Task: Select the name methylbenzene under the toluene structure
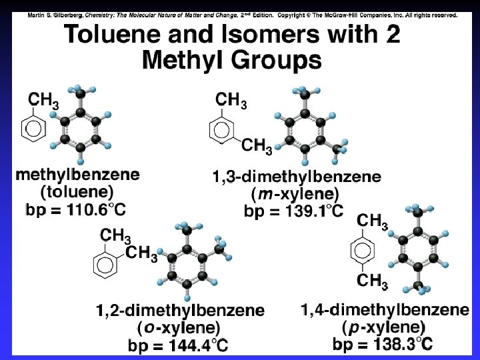point(78,175)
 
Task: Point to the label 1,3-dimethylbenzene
point(297,177)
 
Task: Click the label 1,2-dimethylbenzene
point(180,311)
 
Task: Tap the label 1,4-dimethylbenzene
point(385,311)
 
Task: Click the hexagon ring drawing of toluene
point(33,127)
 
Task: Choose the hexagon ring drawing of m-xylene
point(225,129)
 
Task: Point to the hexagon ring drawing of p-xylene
point(363,251)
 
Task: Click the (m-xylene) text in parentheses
point(296,195)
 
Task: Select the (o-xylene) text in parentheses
point(179,329)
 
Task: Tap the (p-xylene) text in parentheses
point(384,328)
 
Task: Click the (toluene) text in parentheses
point(77,193)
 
